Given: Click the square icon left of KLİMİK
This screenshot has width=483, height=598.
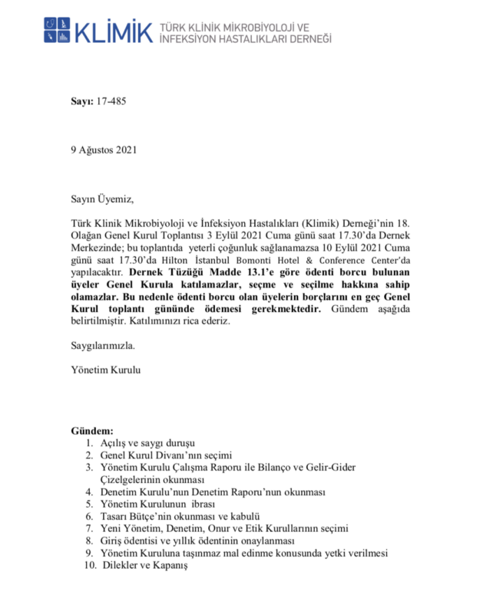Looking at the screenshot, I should click(57, 30).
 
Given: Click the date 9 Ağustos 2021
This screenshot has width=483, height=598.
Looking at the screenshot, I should click(103, 150).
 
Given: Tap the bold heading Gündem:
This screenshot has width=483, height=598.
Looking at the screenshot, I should click(92, 432).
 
